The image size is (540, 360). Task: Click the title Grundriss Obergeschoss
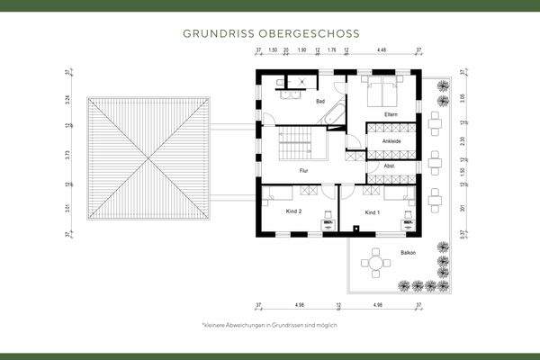pos(270,32)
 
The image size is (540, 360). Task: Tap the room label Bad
pos(320,102)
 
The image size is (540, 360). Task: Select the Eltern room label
pos(391,114)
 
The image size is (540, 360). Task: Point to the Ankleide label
pos(391,141)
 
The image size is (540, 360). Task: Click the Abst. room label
pos(389,166)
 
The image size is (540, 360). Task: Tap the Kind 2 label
pos(293,211)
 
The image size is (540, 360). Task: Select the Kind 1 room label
pos(373,211)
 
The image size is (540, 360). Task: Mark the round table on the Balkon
pos(372,264)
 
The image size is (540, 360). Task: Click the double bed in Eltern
pos(390,90)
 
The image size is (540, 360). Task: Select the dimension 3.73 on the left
pos(68,155)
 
